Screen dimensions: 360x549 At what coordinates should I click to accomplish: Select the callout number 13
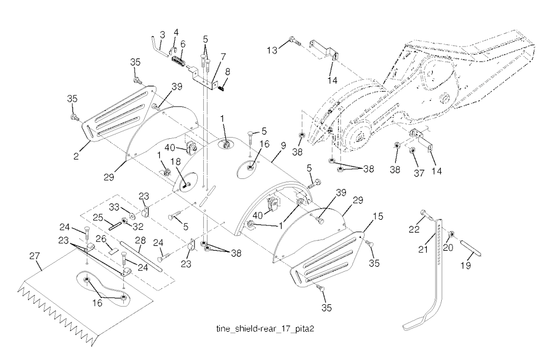pyautogui.click(x=273, y=50)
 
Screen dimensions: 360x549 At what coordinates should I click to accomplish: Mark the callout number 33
pyautogui.click(x=114, y=207)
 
